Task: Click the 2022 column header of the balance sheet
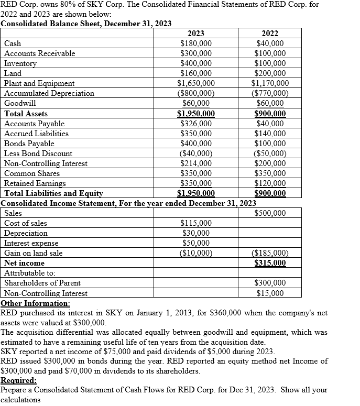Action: pyautogui.click(x=270, y=34)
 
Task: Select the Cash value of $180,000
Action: pyautogui.click(x=196, y=43)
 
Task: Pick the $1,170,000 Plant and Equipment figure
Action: pyautogui.click(x=270, y=83)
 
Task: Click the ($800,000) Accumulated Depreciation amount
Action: pyautogui.click(x=196, y=93)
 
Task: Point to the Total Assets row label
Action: pyautogui.click(x=26, y=114)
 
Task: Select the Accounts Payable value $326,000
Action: pyautogui.click(x=196, y=124)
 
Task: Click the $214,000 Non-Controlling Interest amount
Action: pyautogui.click(x=196, y=163)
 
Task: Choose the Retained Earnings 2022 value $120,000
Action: pyautogui.click(x=270, y=183)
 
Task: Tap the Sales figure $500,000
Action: pyautogui.click(x=270, y=213)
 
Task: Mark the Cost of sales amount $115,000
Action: pyautogui.click(x=196, y=223)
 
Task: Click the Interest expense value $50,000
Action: pyautogui.click(x=196, y=243)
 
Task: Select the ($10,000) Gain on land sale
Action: pyautogui.click(x=196, y=253)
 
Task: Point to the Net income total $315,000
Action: pyautogui.click(x=270, y=263)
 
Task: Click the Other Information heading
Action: pyautogui.click(x=35, y=303)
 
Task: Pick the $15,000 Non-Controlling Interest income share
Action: pyautogui.click(x=270, y=293)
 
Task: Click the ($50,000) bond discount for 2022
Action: pyautogui.click(x=270, y=153)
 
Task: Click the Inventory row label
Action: pyautogui.click(x=20, y=63)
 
